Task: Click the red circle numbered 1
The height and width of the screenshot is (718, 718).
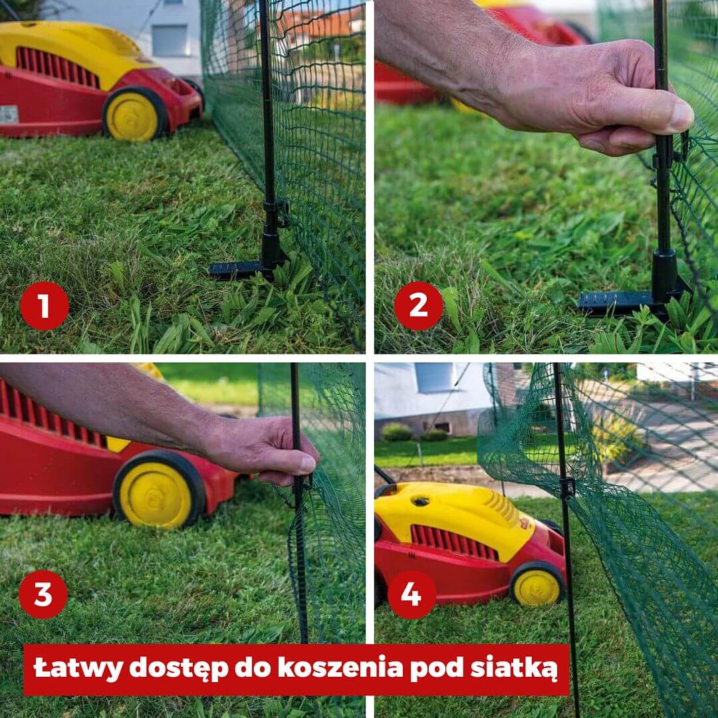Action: click(45, 305)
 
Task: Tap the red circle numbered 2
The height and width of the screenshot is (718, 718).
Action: click(419, 305)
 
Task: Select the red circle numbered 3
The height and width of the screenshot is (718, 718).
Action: click(43, 594)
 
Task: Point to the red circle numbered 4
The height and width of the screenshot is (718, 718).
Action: click(412, 594)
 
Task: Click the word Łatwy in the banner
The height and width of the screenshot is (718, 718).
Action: click(78, 667)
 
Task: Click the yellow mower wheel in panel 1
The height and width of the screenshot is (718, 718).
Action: click(134, 114)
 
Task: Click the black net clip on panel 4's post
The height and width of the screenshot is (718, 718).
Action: click(567, 488)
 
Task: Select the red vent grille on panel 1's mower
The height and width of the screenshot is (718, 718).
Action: click(58, 67)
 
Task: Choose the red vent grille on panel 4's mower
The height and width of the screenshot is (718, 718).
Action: click(454, 542)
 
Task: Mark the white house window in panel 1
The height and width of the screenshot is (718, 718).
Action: click(170, 41)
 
